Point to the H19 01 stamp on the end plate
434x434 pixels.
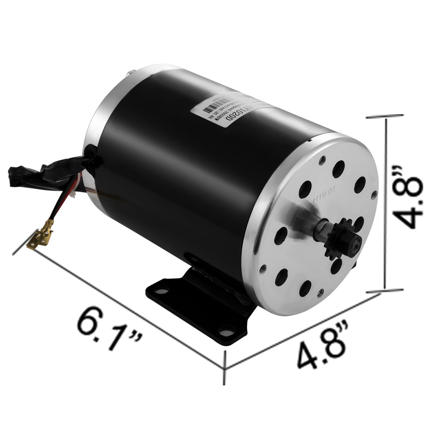point(324,199)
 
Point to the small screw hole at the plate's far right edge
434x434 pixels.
point(375,194)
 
